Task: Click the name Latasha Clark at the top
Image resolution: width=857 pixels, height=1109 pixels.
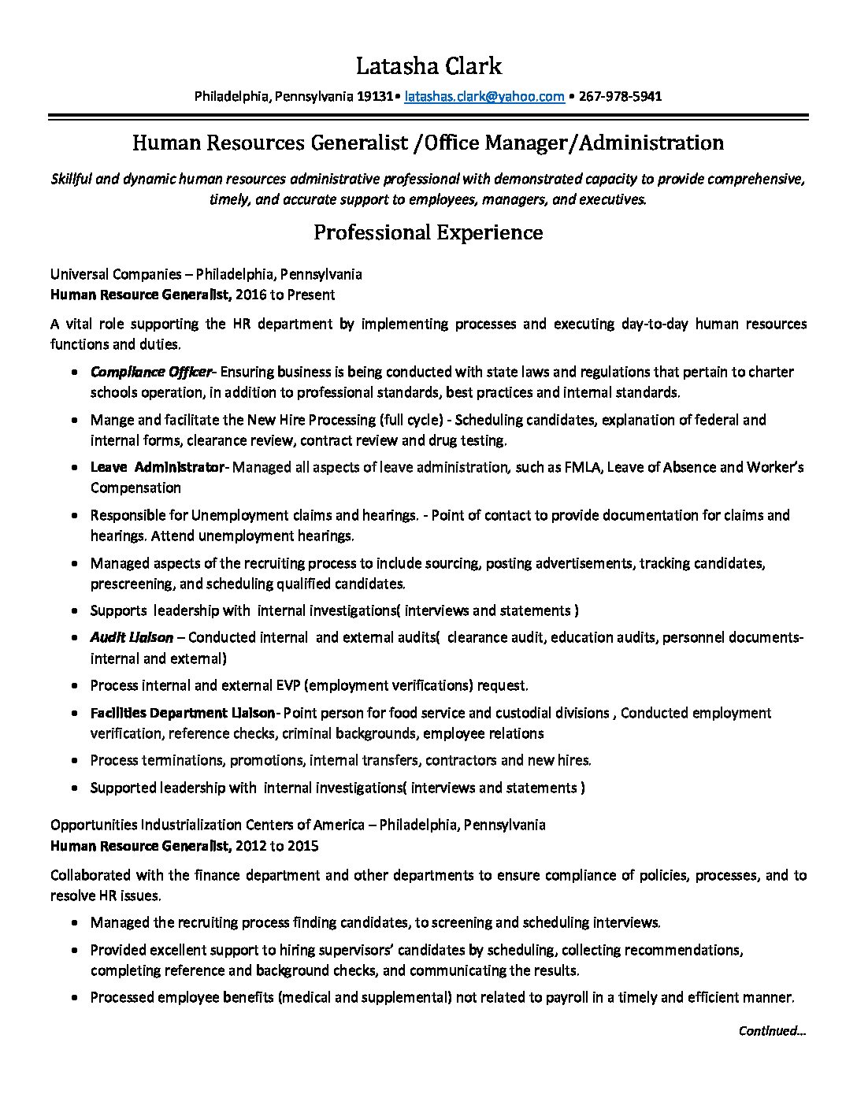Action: point(428,65)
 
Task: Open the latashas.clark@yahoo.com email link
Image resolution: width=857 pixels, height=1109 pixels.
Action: point(484,97)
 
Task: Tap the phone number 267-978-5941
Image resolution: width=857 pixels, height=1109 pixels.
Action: point(620,97)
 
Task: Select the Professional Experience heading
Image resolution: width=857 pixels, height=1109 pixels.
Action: point(428,232)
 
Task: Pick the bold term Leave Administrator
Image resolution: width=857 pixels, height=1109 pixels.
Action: point(158,467)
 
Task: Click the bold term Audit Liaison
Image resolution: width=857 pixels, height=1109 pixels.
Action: point(132,637)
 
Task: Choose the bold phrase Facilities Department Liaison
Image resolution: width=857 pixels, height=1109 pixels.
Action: point(183,713)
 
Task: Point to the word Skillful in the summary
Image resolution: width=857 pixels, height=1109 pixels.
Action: point(72,179)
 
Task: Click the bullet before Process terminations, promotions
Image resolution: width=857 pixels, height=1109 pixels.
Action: point(73,761)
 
